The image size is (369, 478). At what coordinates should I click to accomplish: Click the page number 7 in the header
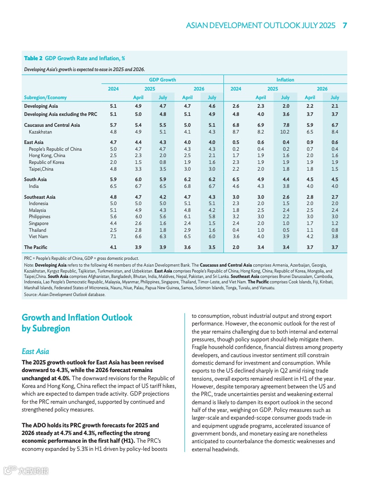(x=345, y=25)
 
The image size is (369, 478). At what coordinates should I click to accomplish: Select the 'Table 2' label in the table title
(x=33, y=58)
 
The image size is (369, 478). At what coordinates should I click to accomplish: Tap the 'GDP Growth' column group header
(x=162, y=80)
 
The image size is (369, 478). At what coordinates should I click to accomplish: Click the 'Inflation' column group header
(x=285, y=80)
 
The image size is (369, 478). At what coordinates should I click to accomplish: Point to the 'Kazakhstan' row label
(x=40, y=132)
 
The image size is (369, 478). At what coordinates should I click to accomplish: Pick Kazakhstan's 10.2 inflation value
(x=285, y=132)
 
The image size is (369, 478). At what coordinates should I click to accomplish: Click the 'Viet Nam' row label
(x=38, y=236)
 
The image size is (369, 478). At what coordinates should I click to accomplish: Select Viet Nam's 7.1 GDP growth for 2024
(x=113, y=236)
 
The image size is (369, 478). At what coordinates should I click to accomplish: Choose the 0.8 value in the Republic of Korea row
(x=162, y=163)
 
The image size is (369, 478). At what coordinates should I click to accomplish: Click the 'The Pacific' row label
(x=36, y=247)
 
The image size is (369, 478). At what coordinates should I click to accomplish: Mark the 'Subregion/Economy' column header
(x=45, y=97)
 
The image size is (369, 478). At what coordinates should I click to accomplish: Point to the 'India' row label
(x=34, y=186)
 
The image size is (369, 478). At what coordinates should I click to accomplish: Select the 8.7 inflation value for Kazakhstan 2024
(x=236, y=132)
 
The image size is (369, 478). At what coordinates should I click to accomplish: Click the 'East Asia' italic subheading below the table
(x=35, y=351)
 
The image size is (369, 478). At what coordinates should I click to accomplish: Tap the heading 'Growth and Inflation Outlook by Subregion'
(x=77, y=323)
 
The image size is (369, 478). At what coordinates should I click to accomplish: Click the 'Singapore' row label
(x=38, y=223)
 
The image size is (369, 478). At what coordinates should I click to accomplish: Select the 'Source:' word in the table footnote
(x=31, y=295)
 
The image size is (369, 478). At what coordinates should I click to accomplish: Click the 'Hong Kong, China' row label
(x=47, y=156)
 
